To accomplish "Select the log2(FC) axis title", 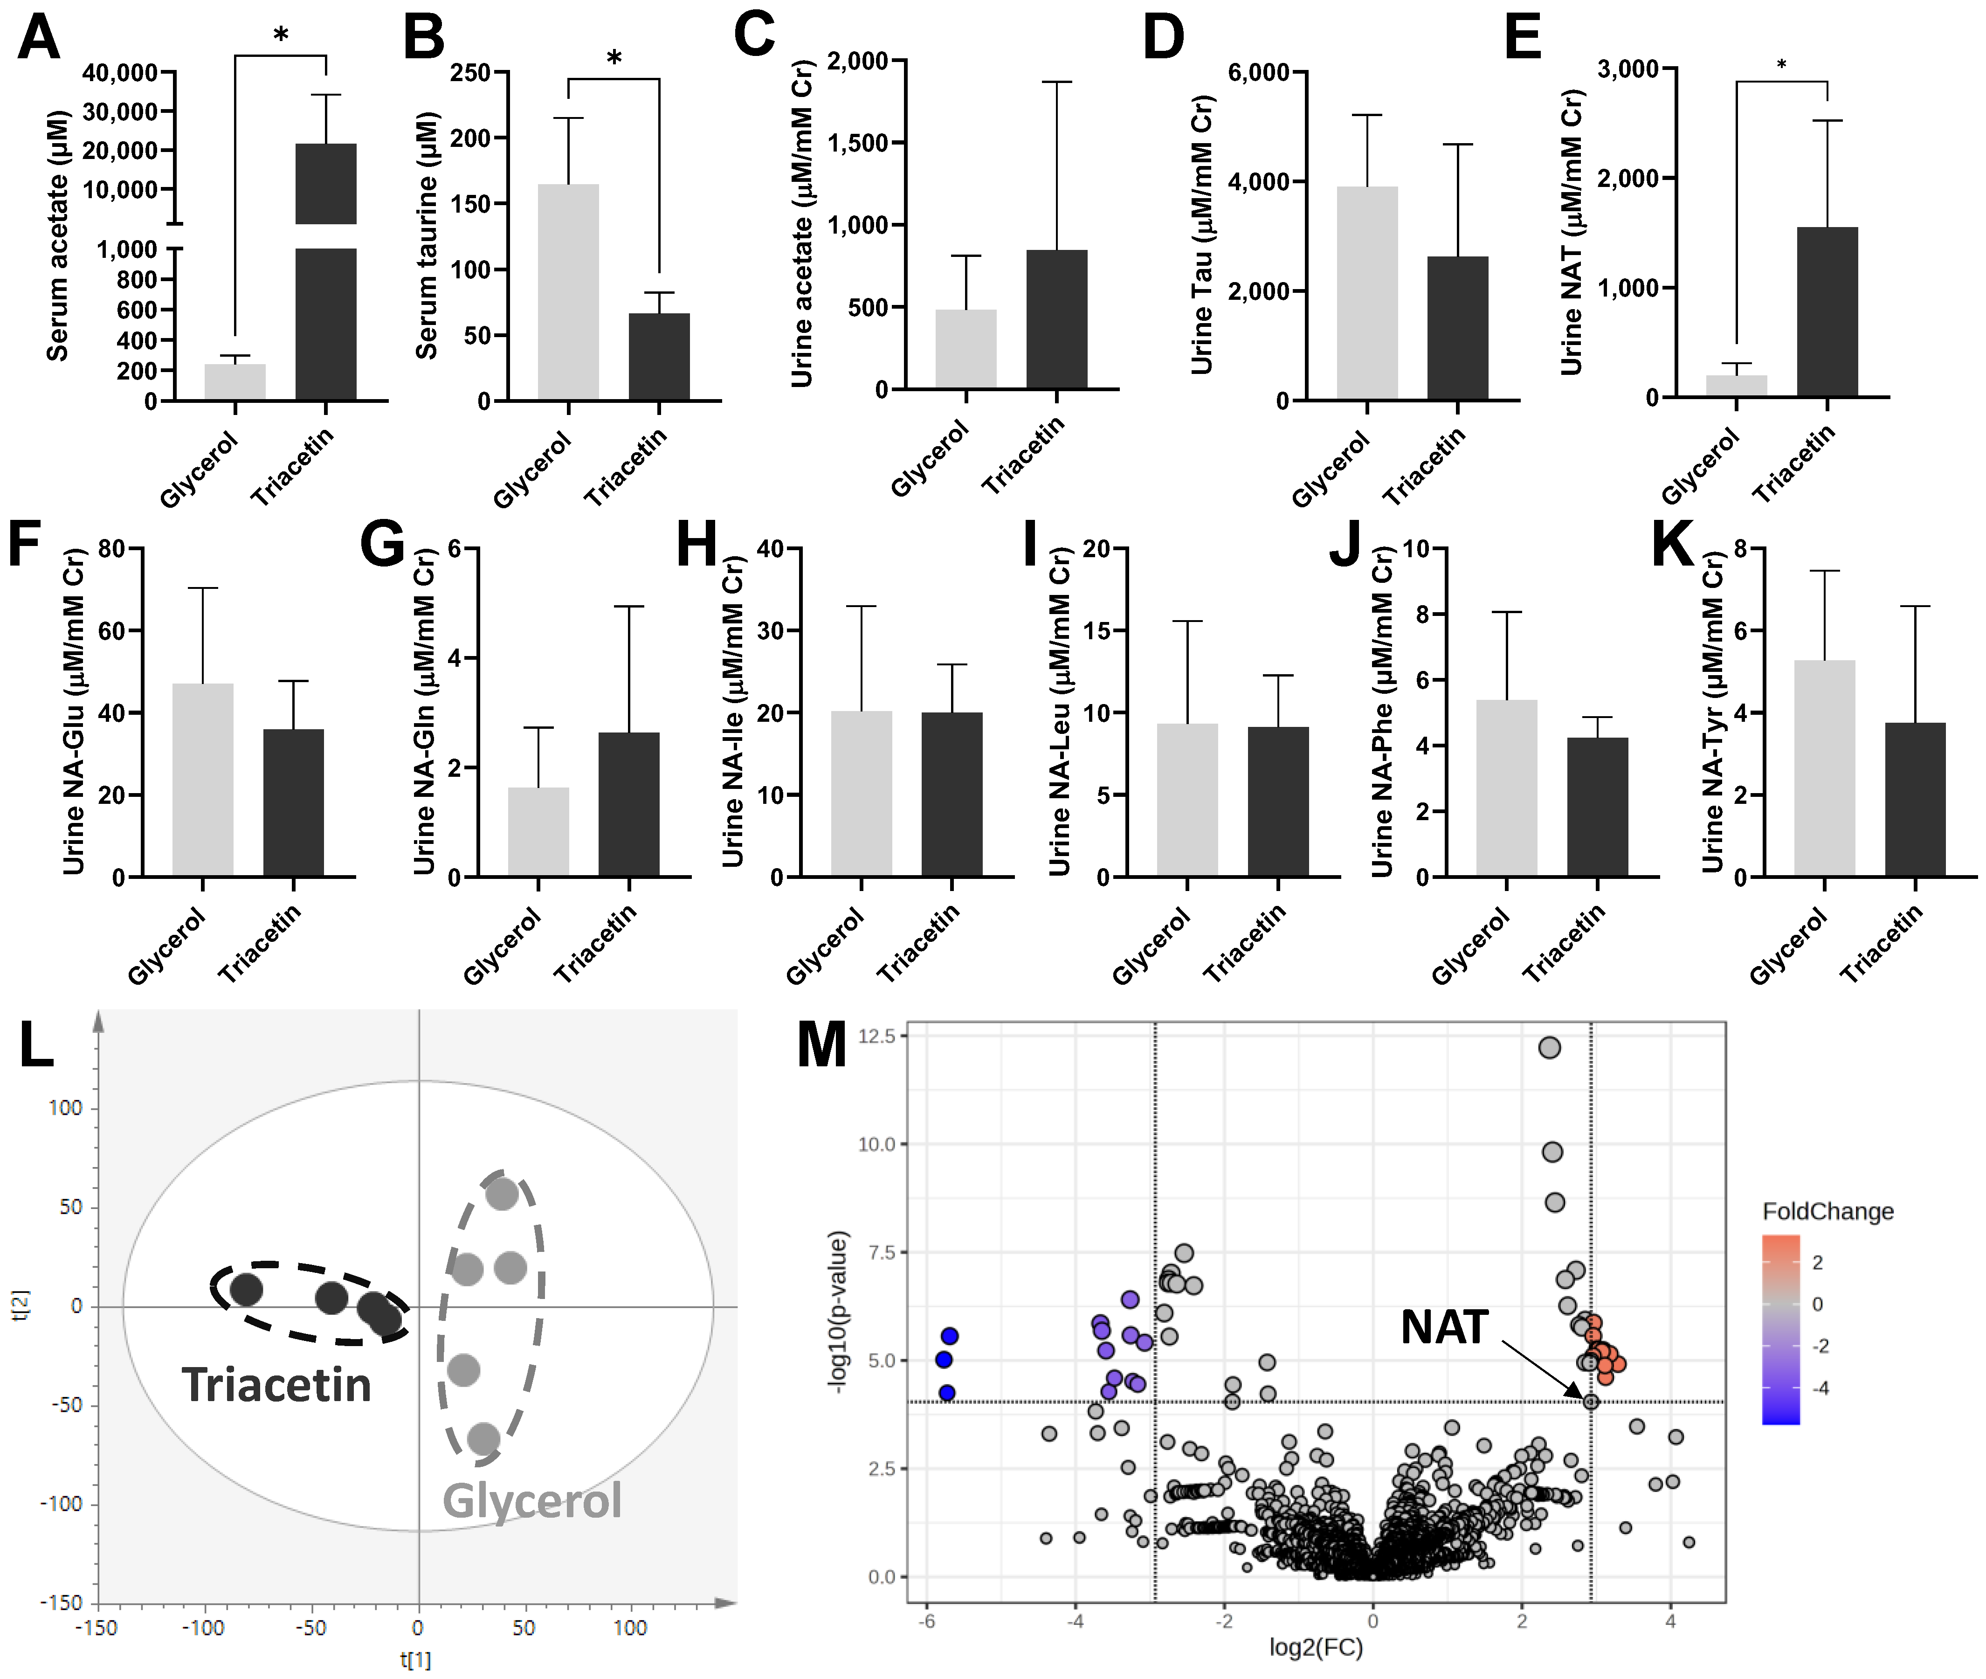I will coord(1316,1648).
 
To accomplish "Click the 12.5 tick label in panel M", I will coord(876,1036).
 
